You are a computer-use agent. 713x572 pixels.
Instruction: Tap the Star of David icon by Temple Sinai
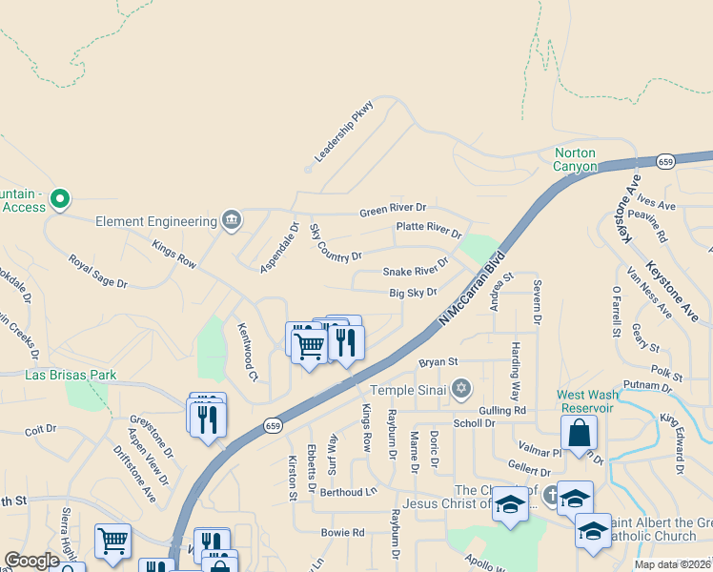click(462, 388)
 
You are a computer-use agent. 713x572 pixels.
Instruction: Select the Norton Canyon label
click(576, 159)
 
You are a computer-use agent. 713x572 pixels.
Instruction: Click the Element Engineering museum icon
click(231, 221)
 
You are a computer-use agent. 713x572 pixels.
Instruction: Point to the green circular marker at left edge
click(60, 199)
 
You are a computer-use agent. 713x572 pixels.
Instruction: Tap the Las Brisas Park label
click(71, 375)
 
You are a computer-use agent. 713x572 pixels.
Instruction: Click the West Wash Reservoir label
click(585, 400)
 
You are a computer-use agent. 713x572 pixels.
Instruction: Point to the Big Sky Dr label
click(413, 293)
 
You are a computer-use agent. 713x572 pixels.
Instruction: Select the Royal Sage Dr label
click(97, 270)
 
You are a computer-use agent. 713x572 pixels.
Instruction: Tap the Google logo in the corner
click(31, 561)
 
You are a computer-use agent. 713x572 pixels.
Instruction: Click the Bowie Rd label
click(343, 532)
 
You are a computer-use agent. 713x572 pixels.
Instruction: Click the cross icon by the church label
click(551, 495)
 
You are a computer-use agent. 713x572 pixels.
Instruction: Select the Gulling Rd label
click(503, 409)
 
